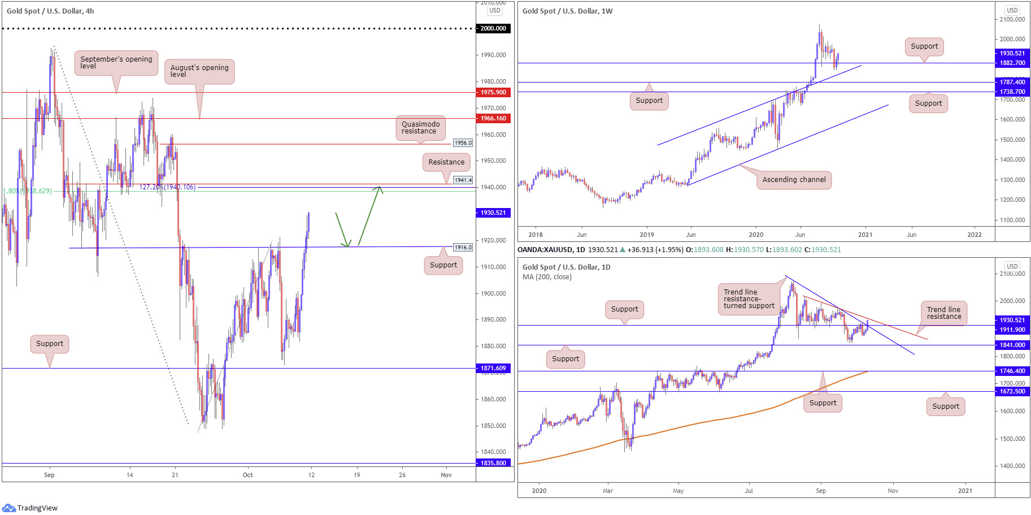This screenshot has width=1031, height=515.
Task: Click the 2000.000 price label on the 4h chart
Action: (493, 28)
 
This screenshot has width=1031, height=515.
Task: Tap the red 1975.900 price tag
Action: (493, 92)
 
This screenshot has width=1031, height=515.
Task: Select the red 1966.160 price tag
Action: (493, 118)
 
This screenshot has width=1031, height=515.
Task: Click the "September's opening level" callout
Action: (116, 63)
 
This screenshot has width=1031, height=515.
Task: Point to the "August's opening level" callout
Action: (199, 71)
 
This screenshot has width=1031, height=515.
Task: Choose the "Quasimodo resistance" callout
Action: (420, 128)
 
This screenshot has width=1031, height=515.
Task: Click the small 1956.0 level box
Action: (463, 143)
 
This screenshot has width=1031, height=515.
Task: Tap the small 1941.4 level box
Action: (463, 180)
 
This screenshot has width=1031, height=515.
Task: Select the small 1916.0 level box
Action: (463, 248)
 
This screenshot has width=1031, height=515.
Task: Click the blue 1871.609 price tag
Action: (493, 368)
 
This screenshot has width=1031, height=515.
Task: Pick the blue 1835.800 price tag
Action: (493, 463)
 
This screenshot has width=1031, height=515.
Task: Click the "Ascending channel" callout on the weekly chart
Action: (794, 180)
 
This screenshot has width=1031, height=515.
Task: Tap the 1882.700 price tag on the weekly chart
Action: (1012, 63)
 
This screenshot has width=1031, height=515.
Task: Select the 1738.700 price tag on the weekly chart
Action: (1012, 92)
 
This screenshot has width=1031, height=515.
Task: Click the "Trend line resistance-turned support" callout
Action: (749, 299)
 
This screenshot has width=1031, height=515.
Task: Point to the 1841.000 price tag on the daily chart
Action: (1012, 345)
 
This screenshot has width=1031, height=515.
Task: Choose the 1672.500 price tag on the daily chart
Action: (1012, 391)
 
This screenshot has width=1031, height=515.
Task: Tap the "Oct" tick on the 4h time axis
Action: (247, 475)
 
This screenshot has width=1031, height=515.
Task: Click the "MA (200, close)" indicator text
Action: (547, 277)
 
